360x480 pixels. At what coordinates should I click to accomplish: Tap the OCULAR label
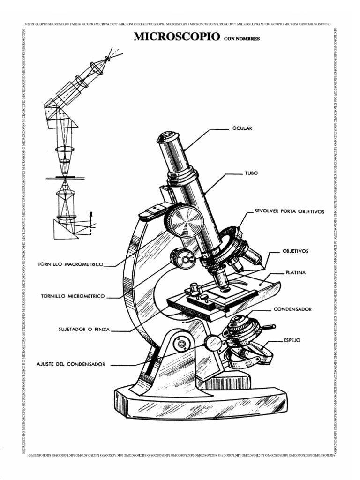(x=242, y=128)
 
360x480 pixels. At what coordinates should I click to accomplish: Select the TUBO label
(x=252, y=173)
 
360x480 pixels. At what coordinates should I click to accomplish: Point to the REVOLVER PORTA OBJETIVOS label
(x=289, y=211)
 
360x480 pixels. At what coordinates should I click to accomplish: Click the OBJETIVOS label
(x=295, y=251)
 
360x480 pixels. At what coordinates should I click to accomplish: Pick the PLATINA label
(x=296, y=272)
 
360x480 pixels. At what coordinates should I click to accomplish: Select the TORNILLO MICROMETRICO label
(x=73, y=296)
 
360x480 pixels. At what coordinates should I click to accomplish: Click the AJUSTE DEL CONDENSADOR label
(x=71, y=364)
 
